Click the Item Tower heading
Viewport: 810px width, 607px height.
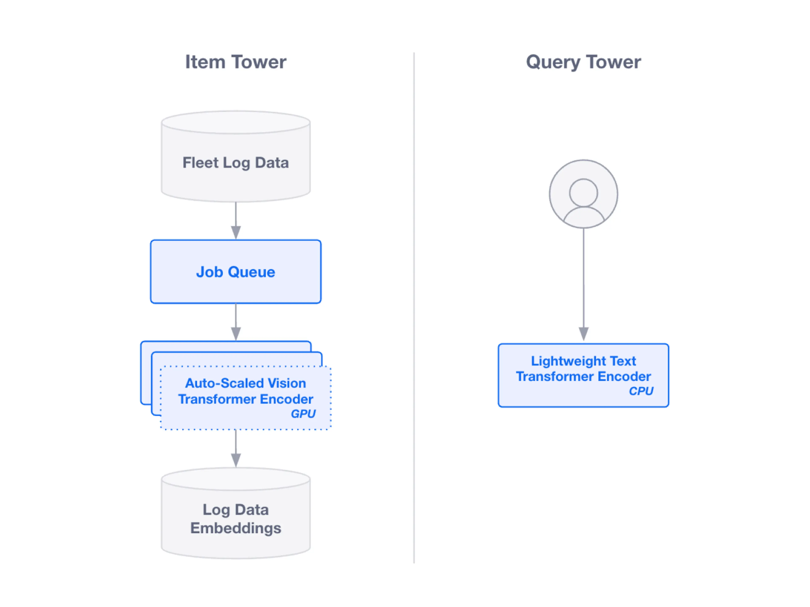click(x=235, y=62)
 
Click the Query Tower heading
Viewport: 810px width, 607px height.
click(x=583, y=62)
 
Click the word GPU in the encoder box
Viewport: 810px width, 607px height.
click(x=303, y=414)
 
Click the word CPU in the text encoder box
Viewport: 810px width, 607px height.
click(x=641, y=391)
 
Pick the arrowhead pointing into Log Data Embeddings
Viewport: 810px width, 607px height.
click(x=236, y=459)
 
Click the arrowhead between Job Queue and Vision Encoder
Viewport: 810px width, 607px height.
click(x=236, y=333)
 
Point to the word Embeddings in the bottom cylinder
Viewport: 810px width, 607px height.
click(x=235, y=528)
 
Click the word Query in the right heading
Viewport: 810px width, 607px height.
click(x=553, y=62)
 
